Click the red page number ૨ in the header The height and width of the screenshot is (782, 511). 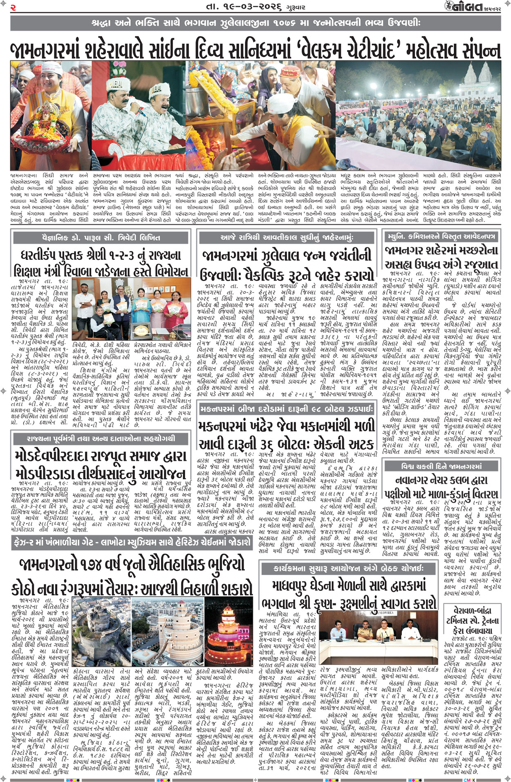tap(13, 7)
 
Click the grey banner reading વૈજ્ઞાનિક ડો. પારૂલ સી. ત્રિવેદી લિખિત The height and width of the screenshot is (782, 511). tap(101, 237)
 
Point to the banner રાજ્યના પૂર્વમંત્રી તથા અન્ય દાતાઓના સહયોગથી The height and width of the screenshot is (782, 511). tap(101, 439)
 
